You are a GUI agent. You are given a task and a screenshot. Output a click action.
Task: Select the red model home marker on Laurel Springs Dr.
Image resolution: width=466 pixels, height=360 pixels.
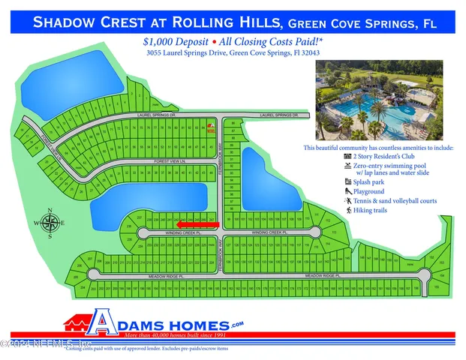(211, 126)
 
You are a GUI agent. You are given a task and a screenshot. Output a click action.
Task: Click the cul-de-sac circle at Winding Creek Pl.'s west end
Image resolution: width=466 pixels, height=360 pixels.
(133, 232)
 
